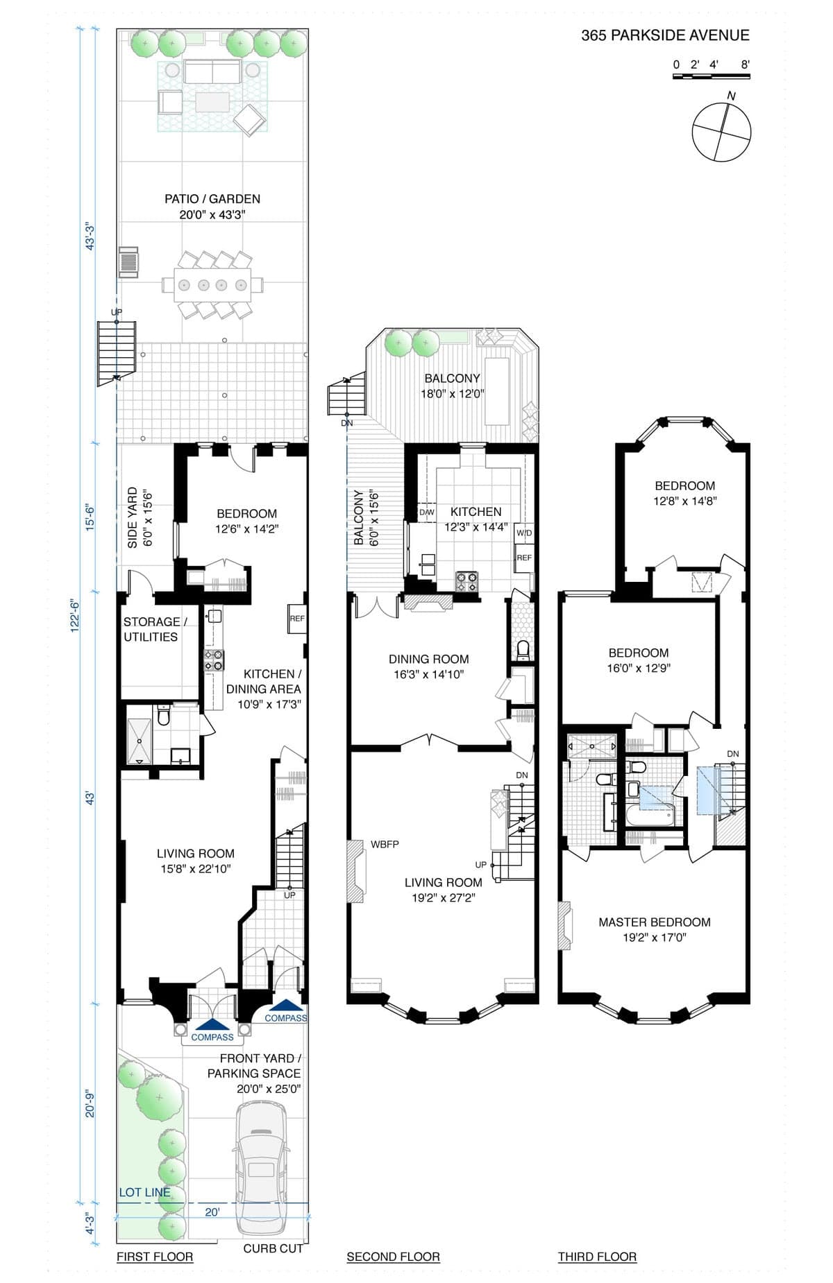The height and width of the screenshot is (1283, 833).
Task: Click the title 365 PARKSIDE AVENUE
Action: click(665, 35)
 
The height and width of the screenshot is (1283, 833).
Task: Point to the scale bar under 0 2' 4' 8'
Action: click(712, 75)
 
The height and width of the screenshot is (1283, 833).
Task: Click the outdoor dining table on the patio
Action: click(212, 284)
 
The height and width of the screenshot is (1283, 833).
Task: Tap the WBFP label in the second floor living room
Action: click(385, 845)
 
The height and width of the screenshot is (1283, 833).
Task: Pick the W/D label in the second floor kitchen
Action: click(524, 533)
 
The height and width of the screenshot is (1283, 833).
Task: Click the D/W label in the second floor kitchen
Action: click(427, 513)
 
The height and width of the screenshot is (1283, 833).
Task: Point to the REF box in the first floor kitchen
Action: click(297, 619)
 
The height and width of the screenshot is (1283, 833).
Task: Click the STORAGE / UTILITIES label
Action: click(151, 630)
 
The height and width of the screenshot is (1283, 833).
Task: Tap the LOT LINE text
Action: click(144, 1192)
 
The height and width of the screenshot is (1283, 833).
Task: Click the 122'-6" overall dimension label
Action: click(76, 614)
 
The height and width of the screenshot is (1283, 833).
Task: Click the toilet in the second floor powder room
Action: click(523, 650)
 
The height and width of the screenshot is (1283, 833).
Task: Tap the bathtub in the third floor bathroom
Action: click(650, 815)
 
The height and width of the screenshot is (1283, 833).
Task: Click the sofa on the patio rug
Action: click(212, 72)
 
